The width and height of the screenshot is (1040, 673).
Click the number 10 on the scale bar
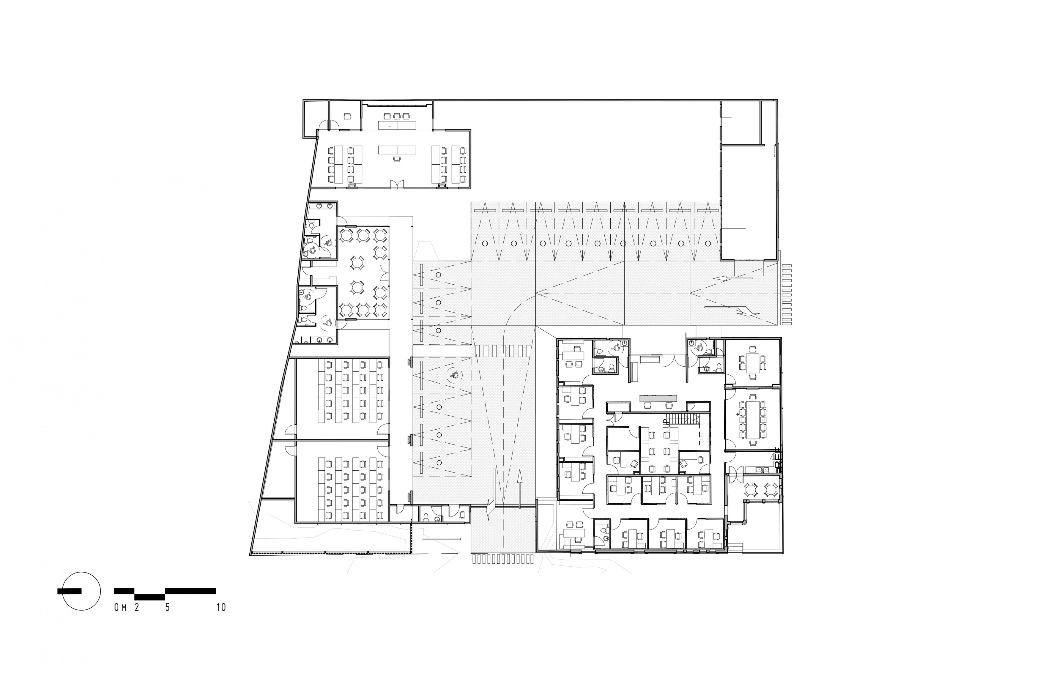(221, 607)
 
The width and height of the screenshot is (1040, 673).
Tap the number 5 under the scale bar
(167, 607)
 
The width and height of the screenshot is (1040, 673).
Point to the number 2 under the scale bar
(137, 607)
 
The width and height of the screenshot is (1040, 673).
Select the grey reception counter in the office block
(658, 398)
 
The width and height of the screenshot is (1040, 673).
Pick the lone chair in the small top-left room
(348, 116)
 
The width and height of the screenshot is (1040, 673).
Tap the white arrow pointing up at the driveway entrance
(520, 489)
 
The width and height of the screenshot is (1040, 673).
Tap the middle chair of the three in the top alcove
(397, 116)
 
